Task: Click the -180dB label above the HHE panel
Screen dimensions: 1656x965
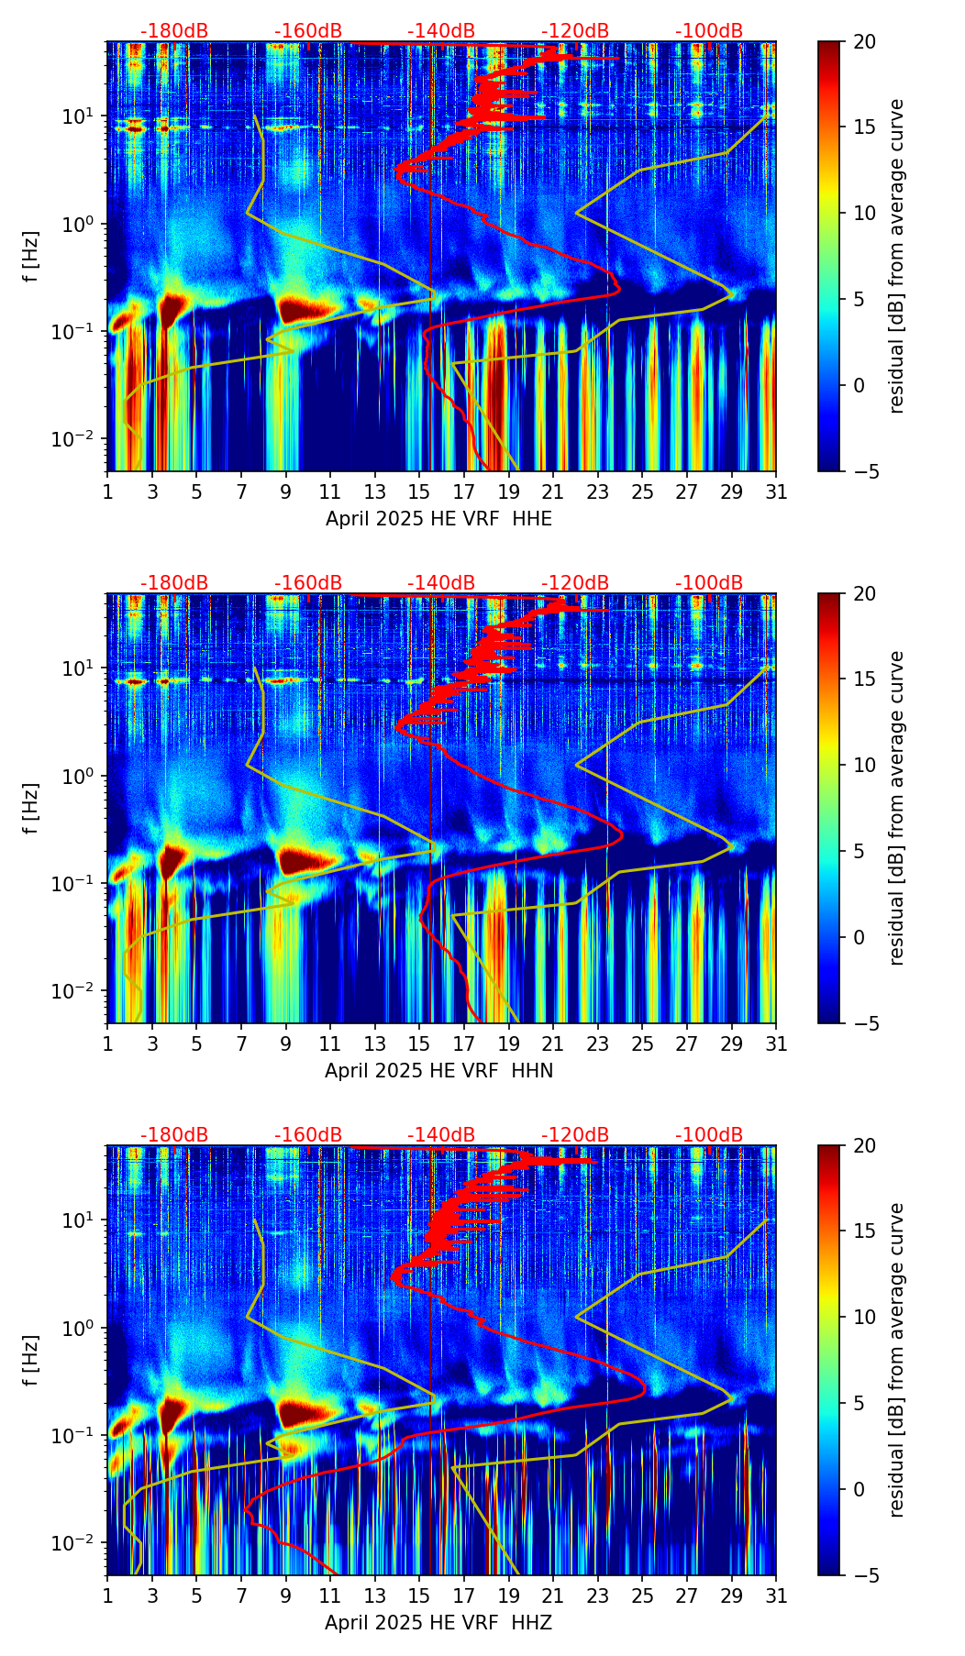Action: pyautogui.click(x=174, y=31)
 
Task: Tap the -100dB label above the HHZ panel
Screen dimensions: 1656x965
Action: pyautogui.click(x=709, y=1135)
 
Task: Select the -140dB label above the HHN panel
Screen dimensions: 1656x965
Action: pyautogui.click(x=441, y=583)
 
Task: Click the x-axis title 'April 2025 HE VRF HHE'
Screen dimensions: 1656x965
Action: pyautogui.click(x=438, y=519)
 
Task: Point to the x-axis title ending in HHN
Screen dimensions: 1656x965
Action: pyautogui.click(x=438, y=1071)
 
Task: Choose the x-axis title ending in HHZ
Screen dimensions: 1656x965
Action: pyautogui.click(x=438, y=1623)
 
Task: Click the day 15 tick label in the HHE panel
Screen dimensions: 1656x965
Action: pyautogui.click(x=419, y=491)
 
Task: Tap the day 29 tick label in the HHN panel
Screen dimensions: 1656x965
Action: pyautogui.click(x=731, y=1043)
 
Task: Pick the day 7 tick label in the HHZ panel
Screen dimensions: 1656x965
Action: pyautogui.click(x=241, y=1595)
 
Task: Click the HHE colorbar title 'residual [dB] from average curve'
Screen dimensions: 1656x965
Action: pyautogui.click(x=897, y=256)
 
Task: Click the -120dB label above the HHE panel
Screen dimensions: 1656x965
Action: pyautogui.click(x=575, y=31)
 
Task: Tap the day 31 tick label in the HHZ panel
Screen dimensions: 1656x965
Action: pyautogui.click(x=776, y=1595)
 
